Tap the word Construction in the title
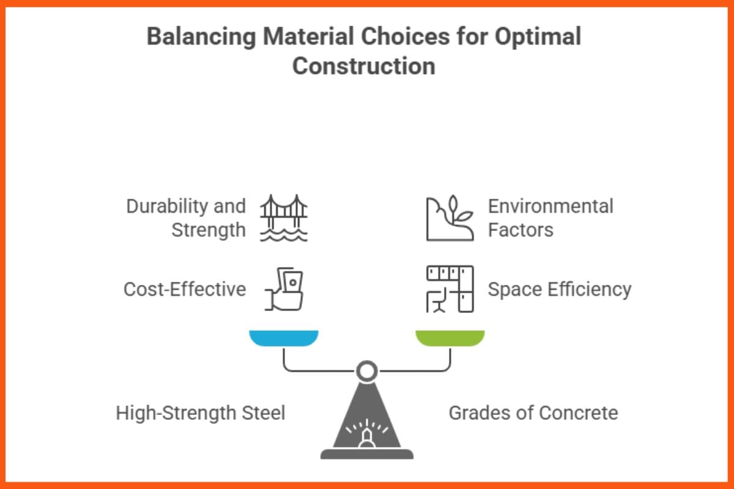(x=363, y=66)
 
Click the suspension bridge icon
(x=283, y=218)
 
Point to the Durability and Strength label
(x=186, y=218)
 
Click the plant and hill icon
(x=450, y=218)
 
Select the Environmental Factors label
(x=550, y=218)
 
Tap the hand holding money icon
(x=284, y=289)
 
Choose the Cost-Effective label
(x=185, y=289)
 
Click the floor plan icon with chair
(x=450, y=289)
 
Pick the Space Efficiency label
(x=559, y=289)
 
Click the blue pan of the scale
(x=284, y=337)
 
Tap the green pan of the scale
(x=450, y=337)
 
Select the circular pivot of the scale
(x=367, y=370)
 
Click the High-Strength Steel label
(x=201, y=413)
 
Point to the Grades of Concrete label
(x=533, y=413)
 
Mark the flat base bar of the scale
(x=367, y=454)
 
